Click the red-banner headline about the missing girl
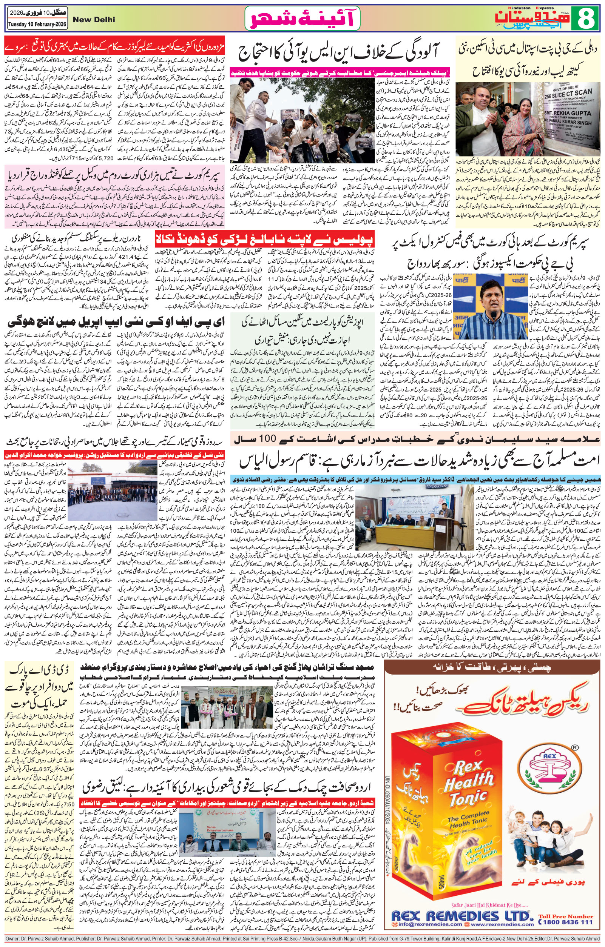tap(264, 240)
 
